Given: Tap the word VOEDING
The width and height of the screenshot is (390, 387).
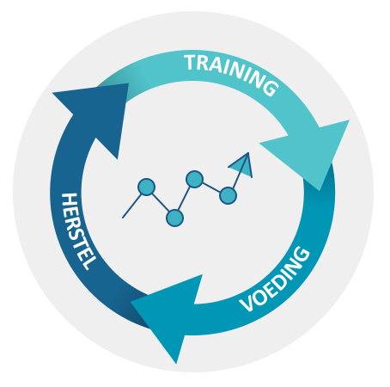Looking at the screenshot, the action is point(275,279).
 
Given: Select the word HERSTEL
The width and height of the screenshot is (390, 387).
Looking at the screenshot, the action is point(78,231).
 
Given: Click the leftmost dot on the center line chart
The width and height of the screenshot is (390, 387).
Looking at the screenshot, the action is point(146,187).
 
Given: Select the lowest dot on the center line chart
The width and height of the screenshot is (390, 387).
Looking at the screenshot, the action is point(174,218).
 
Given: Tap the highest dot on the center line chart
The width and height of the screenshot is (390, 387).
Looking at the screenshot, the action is point(194,179).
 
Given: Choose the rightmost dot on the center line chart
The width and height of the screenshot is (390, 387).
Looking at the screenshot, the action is point(228,195).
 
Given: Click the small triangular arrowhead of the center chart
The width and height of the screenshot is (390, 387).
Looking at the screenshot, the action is point(243,165).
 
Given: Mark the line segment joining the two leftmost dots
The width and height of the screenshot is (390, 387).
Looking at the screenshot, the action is point(161,202).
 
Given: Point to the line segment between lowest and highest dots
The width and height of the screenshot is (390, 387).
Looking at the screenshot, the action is point(184,199).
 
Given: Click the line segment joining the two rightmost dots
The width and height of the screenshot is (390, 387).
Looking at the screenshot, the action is point(211,187).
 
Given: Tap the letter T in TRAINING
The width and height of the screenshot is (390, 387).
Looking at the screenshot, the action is point(191,62).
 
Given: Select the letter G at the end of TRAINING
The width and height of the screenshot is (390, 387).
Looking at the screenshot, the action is point(270,87).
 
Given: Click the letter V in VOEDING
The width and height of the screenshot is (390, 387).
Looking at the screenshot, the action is point(247,304).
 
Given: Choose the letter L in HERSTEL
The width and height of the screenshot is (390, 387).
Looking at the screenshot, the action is point(88,264).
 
